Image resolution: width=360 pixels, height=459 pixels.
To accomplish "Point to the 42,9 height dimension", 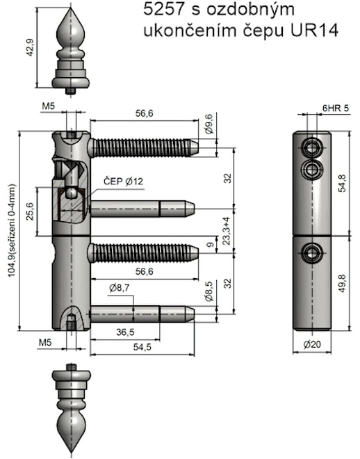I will point(31,49).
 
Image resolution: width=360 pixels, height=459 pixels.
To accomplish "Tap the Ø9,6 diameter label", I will point(209,127).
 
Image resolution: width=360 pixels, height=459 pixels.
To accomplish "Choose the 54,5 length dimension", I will point(143,346).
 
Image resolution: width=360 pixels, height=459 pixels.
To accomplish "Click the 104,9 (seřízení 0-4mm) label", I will point(11,230).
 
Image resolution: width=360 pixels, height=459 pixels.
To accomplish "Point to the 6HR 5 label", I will point(336,108).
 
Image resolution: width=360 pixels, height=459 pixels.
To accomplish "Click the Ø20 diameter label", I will point(311,344).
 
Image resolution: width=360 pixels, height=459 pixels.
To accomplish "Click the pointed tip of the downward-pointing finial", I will point(71,451).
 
